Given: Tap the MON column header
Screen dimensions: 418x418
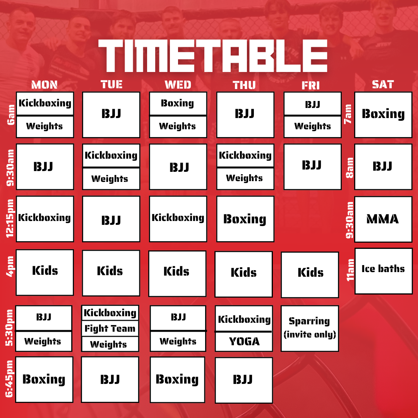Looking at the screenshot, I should pyautogui.click(x=44, y=85).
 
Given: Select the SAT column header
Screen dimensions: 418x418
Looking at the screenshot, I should pyautogui.click(x=382, y=84).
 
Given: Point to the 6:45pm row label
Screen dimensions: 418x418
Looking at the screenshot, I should pyautogui.click(x=10, y=379).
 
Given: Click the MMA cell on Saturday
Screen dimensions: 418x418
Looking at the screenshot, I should pyautogui.click(x=383, y=219).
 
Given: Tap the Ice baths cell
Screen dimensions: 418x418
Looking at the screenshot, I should pyautogui.click(x=383, y=271).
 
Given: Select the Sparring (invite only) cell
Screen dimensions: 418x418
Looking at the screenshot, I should pyautogui.click(x=310, y=328).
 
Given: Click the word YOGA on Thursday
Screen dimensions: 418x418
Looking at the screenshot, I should pyautogui.click(x=244, y=341).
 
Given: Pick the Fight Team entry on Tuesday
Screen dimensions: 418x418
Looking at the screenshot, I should pyautogui.click(x=110, y=329).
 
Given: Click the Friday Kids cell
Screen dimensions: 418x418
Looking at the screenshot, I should pyautogui.click(x=310, y=274).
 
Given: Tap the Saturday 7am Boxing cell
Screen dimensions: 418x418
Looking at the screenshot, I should pyautogui.click(x=383, y=115).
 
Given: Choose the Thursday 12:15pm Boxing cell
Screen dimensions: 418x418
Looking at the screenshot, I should pyautogui.click(x=245, y=219).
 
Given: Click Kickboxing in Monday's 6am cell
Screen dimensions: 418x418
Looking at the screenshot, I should pyautogui.click(x=45, y=103).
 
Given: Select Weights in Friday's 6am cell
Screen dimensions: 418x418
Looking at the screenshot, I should pyautogui.click(x=312, y=126).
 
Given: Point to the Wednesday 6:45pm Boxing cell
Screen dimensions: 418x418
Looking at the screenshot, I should pyautogui.click(x=177, y=379).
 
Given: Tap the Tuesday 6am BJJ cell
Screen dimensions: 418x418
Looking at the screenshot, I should pyautogui.click(x=111, y=115).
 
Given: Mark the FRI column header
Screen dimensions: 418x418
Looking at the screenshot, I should pyautogui.click(x=310, y=85).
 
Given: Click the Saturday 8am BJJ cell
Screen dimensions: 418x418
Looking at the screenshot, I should pyautogui.click(x=383, y=167).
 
